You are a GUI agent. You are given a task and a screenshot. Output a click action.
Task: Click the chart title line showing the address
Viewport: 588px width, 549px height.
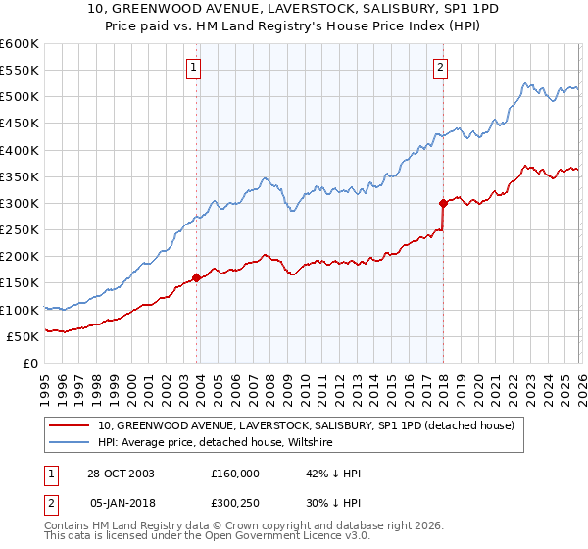(293, 10)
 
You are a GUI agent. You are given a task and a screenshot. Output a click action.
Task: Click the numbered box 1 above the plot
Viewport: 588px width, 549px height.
(194, 68)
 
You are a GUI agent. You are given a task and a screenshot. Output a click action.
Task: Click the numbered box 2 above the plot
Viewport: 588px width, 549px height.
(441, 68)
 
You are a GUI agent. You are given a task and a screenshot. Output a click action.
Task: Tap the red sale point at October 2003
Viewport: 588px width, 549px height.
(197, 277)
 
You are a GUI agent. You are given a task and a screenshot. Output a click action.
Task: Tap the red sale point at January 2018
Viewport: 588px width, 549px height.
(443, 203)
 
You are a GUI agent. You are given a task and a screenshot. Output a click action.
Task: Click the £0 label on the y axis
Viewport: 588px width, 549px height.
(29, 363)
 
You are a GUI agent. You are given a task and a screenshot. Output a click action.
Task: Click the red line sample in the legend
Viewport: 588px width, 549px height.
(70, 425)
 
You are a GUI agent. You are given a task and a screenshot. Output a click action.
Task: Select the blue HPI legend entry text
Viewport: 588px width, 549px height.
(216, 443)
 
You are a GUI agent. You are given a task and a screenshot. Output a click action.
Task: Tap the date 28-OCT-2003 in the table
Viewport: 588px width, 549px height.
(122, 474)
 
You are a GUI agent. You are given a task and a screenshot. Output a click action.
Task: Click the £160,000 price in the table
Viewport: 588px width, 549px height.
(235, 474)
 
